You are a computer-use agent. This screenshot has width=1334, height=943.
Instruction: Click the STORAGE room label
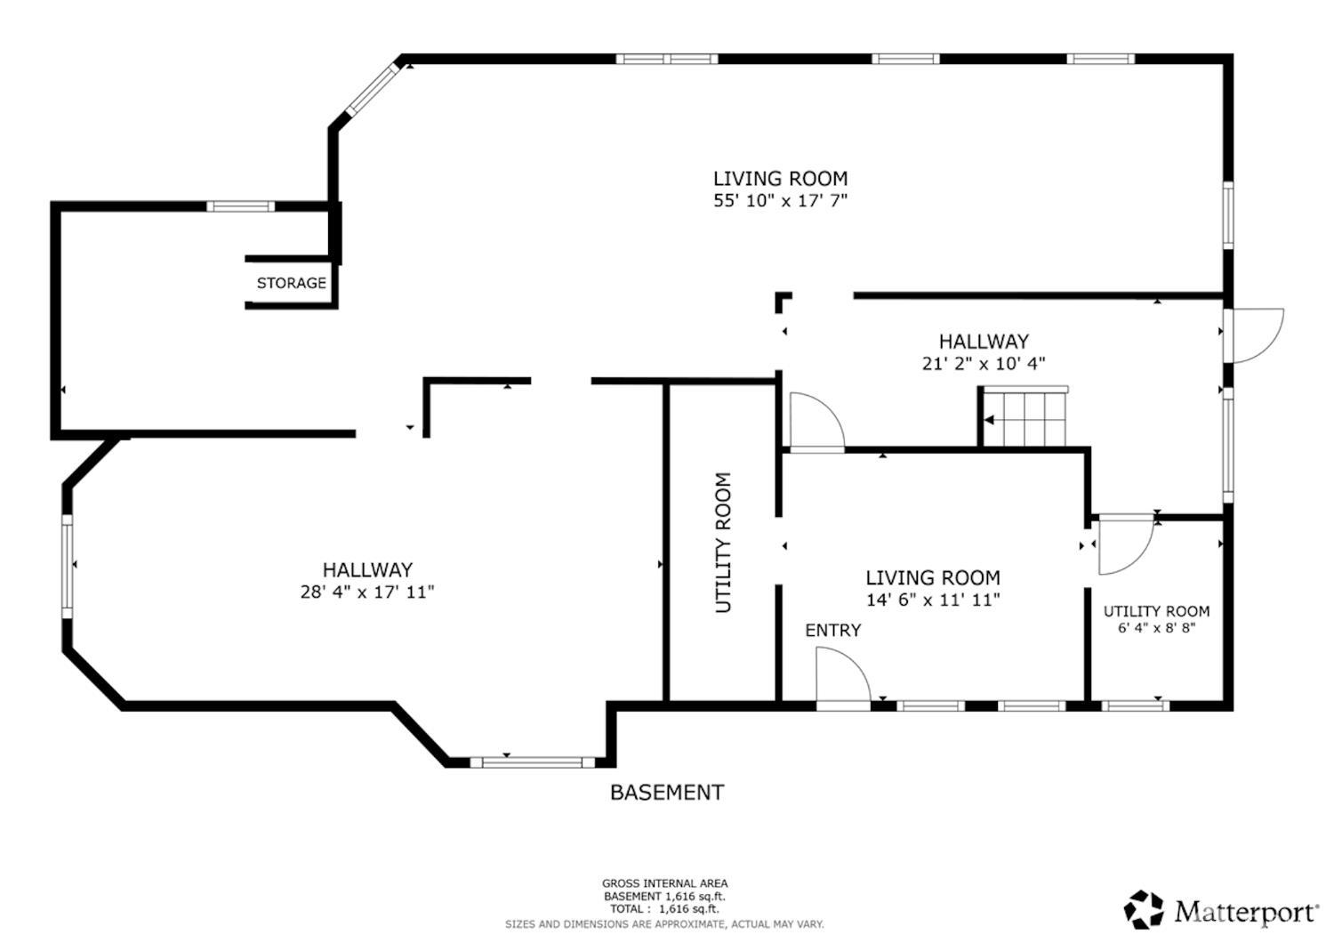pos(291,283)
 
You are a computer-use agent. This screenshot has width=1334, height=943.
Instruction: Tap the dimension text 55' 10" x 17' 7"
pos(780,201)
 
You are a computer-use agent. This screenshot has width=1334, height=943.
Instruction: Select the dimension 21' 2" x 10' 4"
pos(983,363)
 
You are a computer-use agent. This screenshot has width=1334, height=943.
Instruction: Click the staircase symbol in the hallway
pos(1025,418)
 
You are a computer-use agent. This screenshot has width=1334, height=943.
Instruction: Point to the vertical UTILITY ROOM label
pos(722,542)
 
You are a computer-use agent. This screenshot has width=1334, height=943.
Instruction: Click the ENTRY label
pos(832,630)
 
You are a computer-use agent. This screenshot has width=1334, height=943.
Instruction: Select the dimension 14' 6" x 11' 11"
pos(933,600)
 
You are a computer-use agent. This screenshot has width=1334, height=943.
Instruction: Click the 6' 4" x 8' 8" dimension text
pos(1156,628)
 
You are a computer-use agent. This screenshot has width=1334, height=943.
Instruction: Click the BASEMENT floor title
pos(666,792)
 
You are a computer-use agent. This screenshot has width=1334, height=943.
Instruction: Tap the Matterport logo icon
pos(1143,909)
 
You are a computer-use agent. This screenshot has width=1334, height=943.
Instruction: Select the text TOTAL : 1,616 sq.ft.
pos(663,908)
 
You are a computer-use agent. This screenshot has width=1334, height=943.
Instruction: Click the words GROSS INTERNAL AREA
pos(664,883)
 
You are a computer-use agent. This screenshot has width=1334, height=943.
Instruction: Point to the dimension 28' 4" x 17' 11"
pos(366,592)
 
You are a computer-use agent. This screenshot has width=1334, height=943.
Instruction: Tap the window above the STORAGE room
pos(240,206)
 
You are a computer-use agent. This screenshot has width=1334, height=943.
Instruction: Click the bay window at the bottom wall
pos(532,762)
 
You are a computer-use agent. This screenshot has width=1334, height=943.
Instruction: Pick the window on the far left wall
pos(67,565)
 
